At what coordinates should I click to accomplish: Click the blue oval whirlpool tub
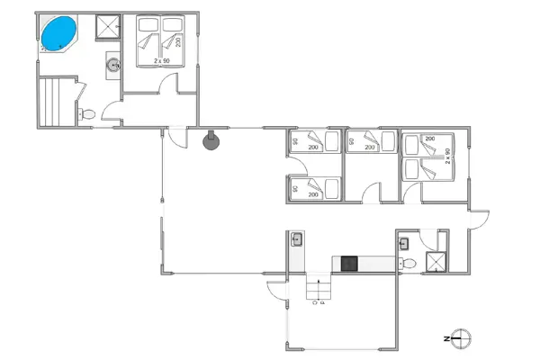point(58,33)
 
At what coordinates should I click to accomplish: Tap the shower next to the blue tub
point(108,27)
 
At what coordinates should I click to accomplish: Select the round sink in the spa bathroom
point(114,64)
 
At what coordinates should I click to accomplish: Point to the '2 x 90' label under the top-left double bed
point(162,60)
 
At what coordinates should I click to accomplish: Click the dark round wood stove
point(211,140)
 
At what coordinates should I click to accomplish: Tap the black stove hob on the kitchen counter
point(349,264)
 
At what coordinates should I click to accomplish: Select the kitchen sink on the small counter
point(296,239)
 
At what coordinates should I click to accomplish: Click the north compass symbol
point(463,338)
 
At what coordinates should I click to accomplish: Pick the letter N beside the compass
point(446,338)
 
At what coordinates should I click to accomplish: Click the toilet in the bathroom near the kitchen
point(409,263)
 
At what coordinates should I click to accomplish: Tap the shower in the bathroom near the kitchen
point(436,263)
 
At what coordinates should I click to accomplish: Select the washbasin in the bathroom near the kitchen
point(405,241)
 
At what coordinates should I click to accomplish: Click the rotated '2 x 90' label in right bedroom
point(447,156)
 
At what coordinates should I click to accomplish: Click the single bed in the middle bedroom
point(371,142)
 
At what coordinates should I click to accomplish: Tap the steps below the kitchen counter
point(318,290)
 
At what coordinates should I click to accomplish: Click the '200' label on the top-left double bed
point(178,40)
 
